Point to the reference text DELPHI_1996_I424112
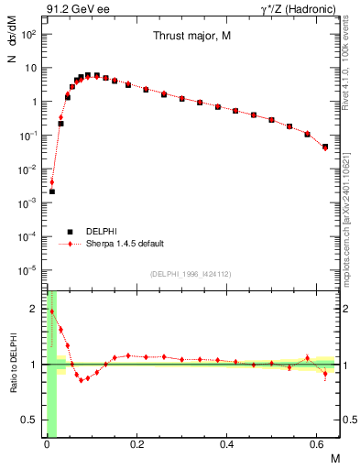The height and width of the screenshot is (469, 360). [190, 273]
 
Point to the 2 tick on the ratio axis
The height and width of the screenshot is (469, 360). [37, 309]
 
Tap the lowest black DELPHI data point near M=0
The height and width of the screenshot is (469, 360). [52, 191]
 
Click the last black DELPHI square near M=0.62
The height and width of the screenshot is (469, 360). [326, 147]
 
